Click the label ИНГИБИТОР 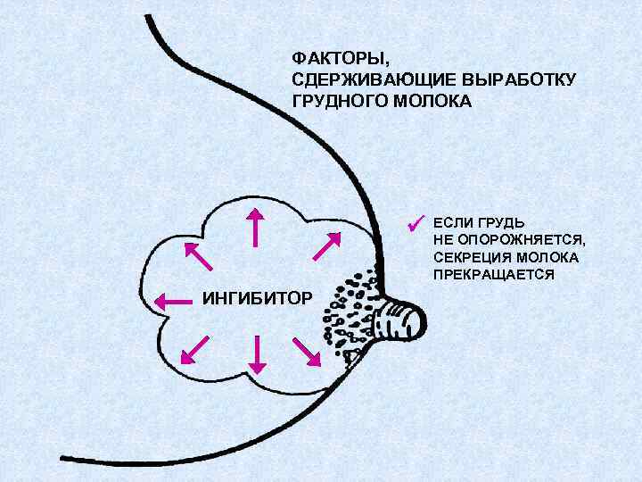pos(257,296)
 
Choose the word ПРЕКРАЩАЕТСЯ pos(494,275)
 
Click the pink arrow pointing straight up pos(257,228)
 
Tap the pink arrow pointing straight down pos(257,354)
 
